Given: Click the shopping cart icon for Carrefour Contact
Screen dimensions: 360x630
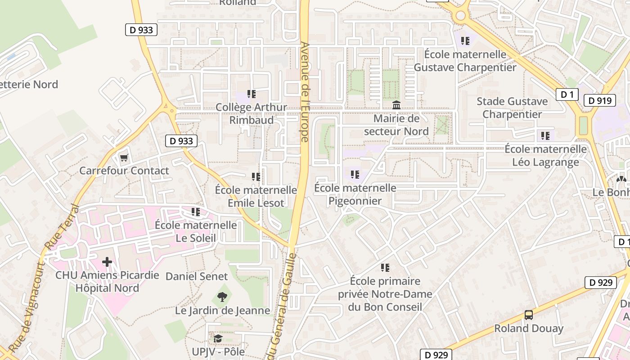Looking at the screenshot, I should [124, 158].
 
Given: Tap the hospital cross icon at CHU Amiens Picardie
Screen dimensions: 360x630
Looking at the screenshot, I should [107, 261].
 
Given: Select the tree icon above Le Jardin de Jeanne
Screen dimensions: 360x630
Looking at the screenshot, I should [222, 297].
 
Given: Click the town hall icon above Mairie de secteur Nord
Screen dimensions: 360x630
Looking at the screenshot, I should [396, 105].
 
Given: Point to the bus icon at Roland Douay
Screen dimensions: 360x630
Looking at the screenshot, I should [529, 315].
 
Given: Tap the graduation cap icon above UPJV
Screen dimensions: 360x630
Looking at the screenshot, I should [218, 338].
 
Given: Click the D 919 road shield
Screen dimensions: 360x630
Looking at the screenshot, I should [599, 100].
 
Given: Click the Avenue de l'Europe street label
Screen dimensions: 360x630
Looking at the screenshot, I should [305, 92].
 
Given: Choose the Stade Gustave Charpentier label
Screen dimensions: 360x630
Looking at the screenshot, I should [512, 108].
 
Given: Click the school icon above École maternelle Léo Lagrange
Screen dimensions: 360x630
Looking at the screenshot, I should [545, 135].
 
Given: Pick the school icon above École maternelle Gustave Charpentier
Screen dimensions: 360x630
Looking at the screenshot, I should [465, 41].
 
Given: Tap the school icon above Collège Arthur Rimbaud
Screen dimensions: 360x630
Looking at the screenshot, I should [252, 94].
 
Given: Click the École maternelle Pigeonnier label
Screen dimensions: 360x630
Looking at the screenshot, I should [355, 194].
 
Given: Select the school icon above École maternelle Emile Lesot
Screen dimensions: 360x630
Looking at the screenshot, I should [256, 176].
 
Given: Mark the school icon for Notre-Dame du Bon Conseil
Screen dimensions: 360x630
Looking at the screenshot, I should [385, 268].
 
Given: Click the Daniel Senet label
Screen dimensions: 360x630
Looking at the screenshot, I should [197, 276].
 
